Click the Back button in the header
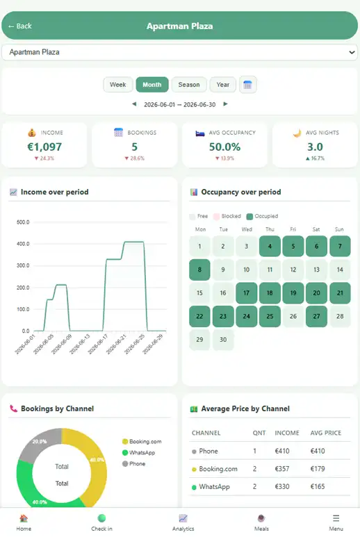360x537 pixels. point(20,26)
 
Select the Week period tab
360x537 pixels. point(118,85)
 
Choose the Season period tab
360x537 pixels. point(189,85)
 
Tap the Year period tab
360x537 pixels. point(222,85)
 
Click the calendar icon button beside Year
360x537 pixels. point(247,85)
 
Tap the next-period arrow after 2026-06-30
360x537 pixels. point(225,104)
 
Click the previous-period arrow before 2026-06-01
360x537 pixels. point(134,104)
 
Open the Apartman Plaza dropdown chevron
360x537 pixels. point(352,52)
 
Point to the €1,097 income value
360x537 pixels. point(44,147)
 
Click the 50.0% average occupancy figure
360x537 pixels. point(224,147)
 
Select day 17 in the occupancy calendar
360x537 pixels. point(246,293)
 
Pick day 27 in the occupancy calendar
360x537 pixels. point(316,316)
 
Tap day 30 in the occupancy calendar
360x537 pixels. point(223,340)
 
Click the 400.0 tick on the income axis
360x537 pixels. point(23,244)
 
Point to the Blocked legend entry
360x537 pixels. point(227,216)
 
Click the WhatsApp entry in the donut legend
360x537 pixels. point(139,452)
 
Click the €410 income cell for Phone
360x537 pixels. point(282,451)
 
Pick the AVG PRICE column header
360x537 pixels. point(326,433)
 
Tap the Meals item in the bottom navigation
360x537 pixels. point(261,522)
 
